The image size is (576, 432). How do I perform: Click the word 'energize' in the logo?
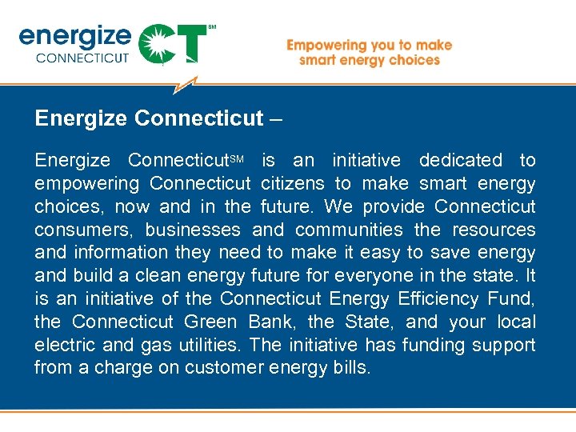click(74, 36)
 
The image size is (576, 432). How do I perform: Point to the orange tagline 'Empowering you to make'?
click(369, 46)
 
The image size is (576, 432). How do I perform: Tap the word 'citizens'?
click(293, 184)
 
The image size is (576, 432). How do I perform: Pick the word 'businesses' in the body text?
click(193, 230)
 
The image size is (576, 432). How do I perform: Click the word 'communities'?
click(350, 230)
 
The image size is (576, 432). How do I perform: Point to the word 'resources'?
click(494, 230)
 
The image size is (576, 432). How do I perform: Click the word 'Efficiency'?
click(437, 299)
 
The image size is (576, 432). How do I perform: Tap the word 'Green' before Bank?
click(210, 322)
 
